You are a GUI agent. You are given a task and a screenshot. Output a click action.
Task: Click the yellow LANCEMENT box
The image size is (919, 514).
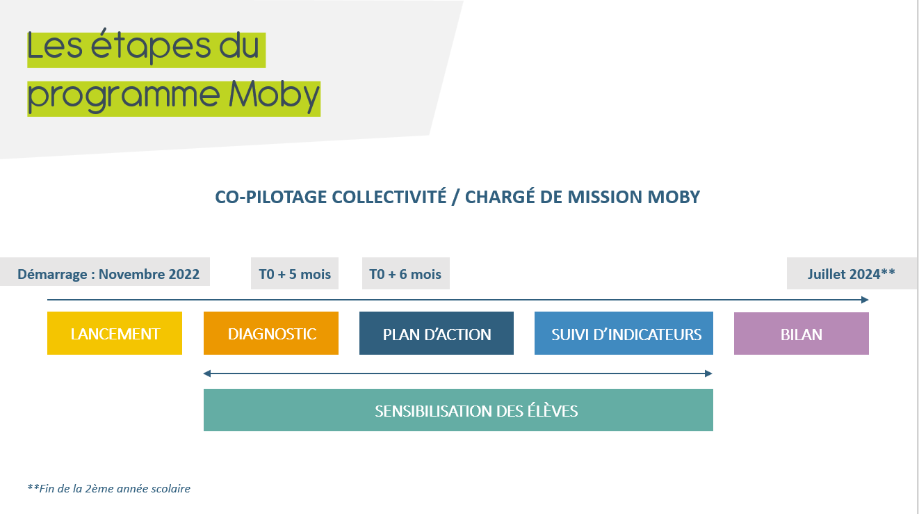pos(115,333)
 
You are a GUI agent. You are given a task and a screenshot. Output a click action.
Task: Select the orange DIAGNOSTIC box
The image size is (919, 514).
pos(271,333)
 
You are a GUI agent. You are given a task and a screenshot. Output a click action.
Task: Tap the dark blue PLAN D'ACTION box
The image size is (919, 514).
pos(436,333)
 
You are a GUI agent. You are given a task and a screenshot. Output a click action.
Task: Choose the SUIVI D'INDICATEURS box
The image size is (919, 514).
pos(624,333)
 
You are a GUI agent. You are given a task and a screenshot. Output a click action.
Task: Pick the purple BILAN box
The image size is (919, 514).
pos(802,333)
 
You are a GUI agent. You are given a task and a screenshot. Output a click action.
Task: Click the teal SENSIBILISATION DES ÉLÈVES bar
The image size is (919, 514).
pos(458,410)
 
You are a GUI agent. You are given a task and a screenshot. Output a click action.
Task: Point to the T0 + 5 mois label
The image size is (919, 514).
pos(295,273)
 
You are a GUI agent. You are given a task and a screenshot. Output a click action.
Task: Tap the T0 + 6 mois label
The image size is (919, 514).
pos(406,273)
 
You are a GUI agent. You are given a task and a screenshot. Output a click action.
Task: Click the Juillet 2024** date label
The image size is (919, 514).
pos(852,273)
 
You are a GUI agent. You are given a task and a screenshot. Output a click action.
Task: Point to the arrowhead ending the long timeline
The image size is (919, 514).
pos(865,300)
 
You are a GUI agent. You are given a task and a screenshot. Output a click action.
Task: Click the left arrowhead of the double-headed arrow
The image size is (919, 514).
pos(207,374)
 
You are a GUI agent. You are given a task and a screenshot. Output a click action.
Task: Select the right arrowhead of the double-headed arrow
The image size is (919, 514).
pos(708,374)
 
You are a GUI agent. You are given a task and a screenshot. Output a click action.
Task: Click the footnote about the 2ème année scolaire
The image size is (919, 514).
pos(108,488)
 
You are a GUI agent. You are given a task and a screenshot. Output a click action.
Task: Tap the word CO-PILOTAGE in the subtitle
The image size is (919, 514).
pos(271,197)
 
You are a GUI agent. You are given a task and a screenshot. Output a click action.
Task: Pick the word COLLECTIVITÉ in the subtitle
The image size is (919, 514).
pos(389,196)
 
